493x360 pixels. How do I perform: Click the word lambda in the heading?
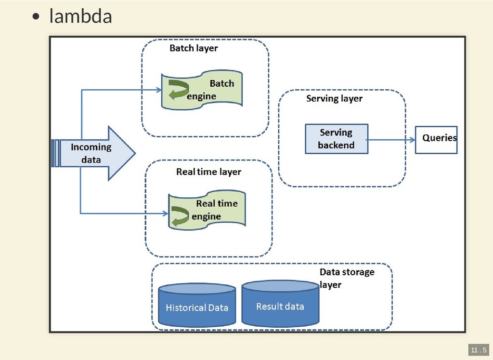[80, 16]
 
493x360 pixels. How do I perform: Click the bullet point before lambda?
[36, 17]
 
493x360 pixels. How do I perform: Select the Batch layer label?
[194, 48]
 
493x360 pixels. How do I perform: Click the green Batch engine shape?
[202, 90]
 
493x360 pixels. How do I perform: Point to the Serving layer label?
[334, 99]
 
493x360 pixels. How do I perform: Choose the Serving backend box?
[336, 139]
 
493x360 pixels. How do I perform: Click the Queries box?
[436, 139]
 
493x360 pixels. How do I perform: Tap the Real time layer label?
[208, 172]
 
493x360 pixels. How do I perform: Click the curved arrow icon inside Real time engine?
[180, 215]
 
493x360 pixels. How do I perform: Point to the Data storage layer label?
[347, 278]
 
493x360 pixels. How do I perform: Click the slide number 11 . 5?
[478, 349]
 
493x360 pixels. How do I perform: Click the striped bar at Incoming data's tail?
[55, 153]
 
